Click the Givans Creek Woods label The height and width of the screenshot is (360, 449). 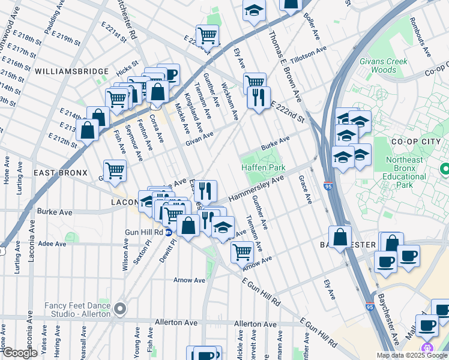tap(384, 65)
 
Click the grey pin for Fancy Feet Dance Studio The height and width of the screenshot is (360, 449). tap(120, 310)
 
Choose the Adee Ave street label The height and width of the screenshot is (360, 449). tap(52, 244)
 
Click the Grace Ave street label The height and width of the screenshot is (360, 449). tap(305, 190)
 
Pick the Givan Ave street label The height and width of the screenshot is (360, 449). tap(199, 139)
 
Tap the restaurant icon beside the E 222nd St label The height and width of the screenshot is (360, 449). tap(259, 97)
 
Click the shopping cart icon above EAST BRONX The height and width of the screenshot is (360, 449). tap(115, 170)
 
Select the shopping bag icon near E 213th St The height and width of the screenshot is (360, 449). tap(88, 129)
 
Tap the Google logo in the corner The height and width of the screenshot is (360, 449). tap(19, 353)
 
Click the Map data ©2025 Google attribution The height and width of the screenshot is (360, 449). tap(411, 355)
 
